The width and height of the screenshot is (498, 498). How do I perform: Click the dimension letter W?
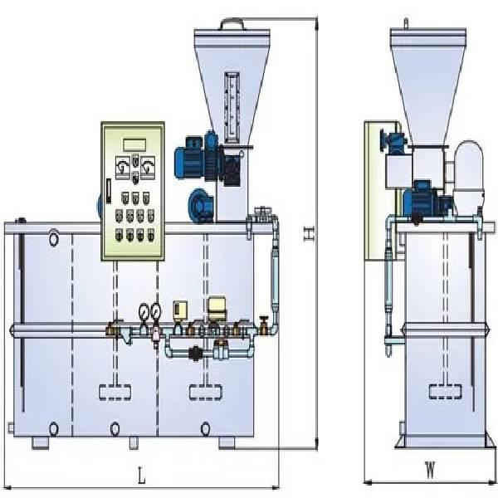[x=430, y=471]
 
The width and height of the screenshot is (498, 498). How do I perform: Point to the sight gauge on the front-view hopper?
[x=232, y=103]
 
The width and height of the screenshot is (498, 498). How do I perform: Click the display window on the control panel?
[x=133, y=140]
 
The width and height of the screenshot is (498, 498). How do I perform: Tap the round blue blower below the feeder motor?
[x=201, y=203]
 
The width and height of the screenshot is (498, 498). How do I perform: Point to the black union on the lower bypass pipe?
[x=194, y=352]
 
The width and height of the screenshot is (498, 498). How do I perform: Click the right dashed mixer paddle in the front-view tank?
[x=205, y=387]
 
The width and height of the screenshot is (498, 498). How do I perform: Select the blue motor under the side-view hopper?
[x=422, y=198]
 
